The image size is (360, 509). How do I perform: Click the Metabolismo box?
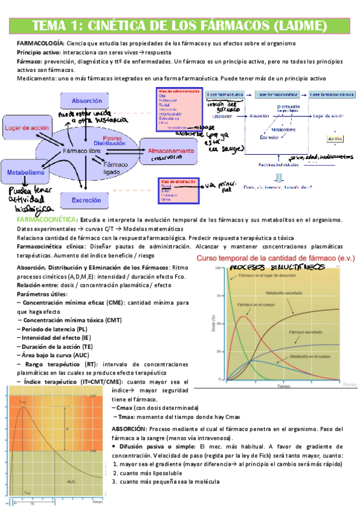pyautogui.click(x=23, y=172)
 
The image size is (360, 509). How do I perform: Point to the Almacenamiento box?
pyautogui.click(x=171, y=151)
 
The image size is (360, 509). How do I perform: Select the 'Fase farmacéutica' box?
pyautogui.click(x=225, y=95)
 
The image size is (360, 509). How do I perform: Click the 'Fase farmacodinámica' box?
pyautogui.click(x=328, y=95)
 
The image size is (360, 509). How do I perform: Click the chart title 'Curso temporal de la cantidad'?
pyautogui.click(x=264, y=258)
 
